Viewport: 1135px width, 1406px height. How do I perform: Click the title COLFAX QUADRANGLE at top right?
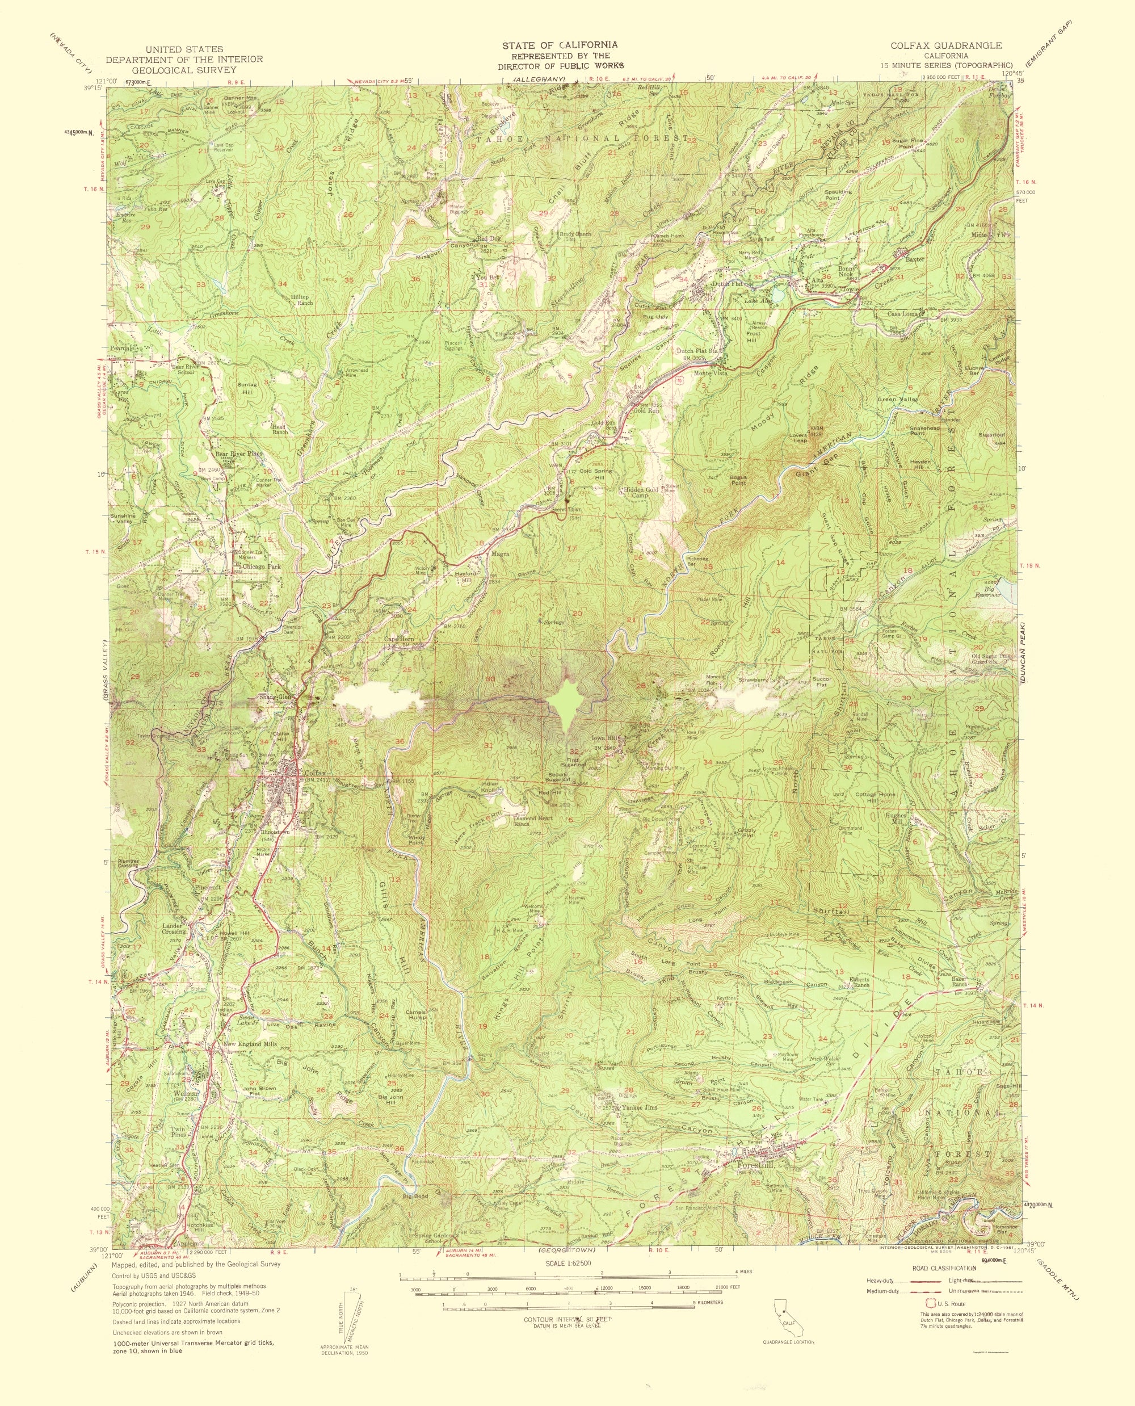tap(945, 46)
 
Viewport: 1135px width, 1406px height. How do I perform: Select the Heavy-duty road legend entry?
tap(880, 1280)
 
